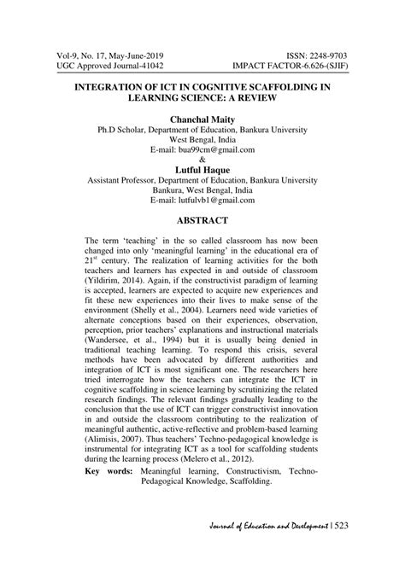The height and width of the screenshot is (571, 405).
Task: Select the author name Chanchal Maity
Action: click(x=202, y=122)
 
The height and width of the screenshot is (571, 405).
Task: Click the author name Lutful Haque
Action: click(x=202, y=171)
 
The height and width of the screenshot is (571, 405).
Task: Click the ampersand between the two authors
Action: click(x=202, y=160)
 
